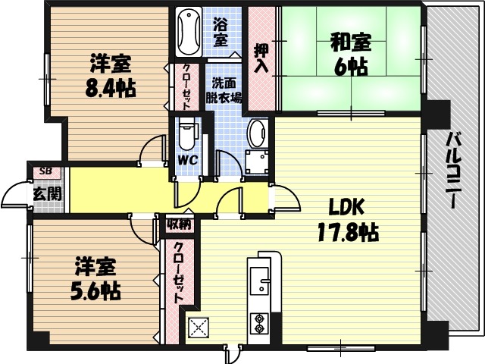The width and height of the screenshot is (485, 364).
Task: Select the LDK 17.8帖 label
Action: tap(346, 218)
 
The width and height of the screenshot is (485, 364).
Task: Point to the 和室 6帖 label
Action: tap(349, 55)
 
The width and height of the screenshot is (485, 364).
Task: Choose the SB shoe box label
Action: tap(45, 171)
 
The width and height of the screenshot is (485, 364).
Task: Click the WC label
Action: tap(187, 160)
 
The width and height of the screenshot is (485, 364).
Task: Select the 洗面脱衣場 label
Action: tap(226, 90)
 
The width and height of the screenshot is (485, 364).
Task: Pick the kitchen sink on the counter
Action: tap(261, 281)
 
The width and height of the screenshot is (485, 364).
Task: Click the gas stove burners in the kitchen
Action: tap(261, 323)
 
